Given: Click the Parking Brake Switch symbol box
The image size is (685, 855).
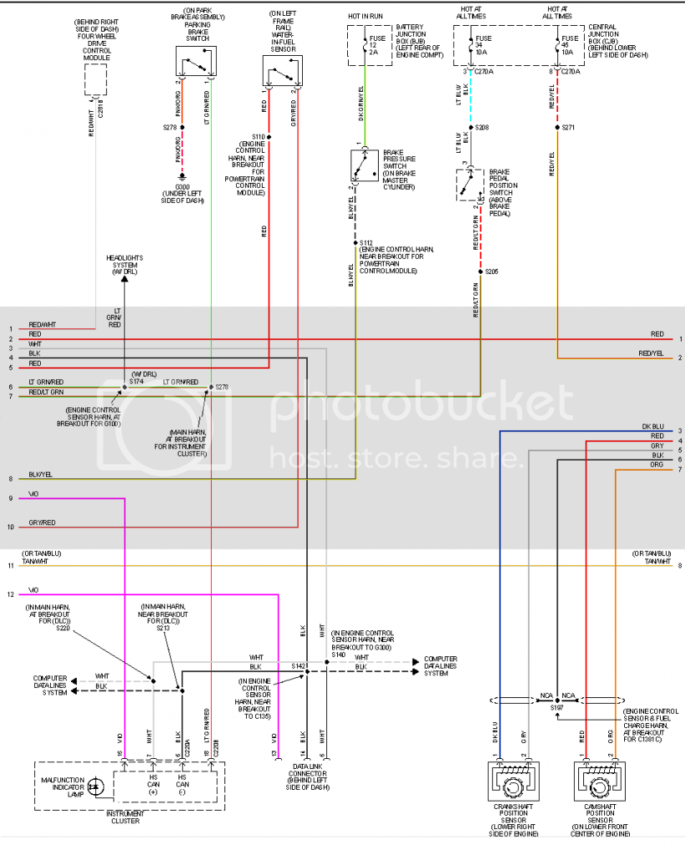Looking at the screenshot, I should coord(196,63).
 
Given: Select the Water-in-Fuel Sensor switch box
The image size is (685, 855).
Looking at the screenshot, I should coord(284,71).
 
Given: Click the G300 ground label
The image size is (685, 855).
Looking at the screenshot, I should coord(182,188).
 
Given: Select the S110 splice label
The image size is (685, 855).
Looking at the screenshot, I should coord(258,136).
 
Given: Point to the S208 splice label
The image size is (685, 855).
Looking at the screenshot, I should coord(482,128).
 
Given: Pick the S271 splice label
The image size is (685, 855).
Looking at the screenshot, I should coord(569,128).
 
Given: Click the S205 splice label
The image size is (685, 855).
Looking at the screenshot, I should coord(491,271).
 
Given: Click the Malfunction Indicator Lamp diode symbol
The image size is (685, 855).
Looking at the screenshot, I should coord(93,786).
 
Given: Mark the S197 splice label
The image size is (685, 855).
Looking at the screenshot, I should coord(557,706).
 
